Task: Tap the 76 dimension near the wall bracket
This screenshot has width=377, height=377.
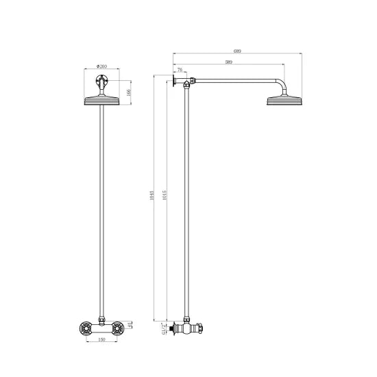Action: point(180,70)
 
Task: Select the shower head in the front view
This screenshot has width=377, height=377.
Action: point(102,102)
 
